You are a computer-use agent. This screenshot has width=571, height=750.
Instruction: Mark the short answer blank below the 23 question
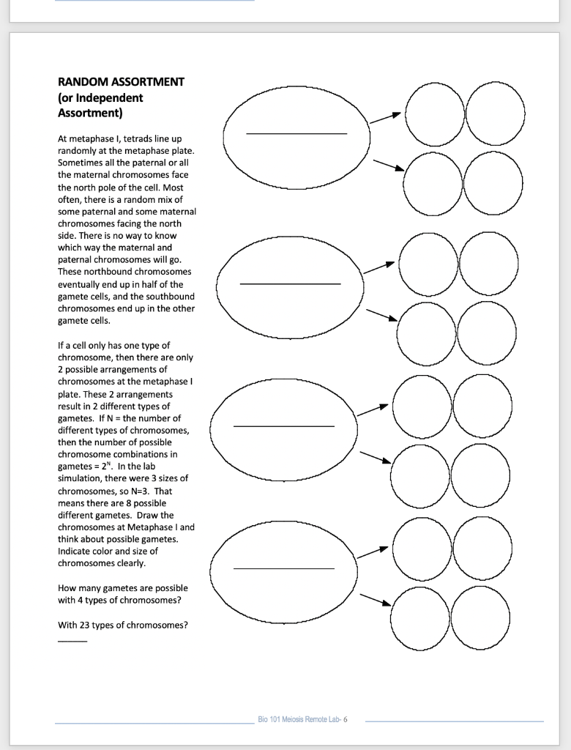click(72, 642)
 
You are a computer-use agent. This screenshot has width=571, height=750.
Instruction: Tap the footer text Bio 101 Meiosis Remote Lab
click(302, 719)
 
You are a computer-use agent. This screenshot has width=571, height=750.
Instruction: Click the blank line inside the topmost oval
click(296, 134)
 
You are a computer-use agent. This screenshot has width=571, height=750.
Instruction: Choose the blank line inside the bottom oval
click(284, 568)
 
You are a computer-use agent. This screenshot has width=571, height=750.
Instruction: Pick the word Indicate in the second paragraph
click(76, 551)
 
